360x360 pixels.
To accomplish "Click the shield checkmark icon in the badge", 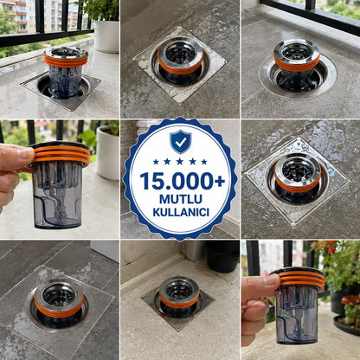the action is pos(180,142).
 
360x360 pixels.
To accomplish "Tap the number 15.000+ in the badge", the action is pos(183,182).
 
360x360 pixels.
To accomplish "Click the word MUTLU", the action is pos(181,199).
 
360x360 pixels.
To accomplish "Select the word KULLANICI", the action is pos(181,212).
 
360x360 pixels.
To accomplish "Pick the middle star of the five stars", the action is pos(180,162).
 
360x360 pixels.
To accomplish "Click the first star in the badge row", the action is pos(156,162).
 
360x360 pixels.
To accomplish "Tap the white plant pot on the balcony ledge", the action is pos(106,35).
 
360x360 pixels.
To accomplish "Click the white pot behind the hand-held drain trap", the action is pos(107,153).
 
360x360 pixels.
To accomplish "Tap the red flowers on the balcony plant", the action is pos(331,247).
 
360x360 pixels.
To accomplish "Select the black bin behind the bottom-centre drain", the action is pos(222,256).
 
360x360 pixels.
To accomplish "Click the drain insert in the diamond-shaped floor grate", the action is pos(298,177).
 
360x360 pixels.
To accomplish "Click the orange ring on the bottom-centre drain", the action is pos(179,301).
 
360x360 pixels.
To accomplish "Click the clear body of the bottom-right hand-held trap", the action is pos(297,315).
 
